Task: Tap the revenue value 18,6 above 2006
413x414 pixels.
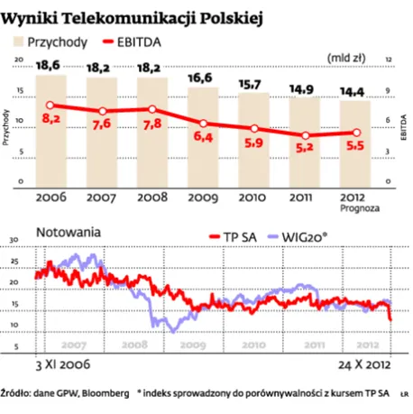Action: pos(49,65)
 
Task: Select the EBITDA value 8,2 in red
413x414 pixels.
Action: pos(50,119)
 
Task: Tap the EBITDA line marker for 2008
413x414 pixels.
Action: pos(151,109)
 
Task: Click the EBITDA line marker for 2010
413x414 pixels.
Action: pos(254,128)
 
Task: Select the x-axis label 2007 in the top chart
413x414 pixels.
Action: pos(99,197)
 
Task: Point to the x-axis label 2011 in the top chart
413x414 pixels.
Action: pos(305,197)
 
